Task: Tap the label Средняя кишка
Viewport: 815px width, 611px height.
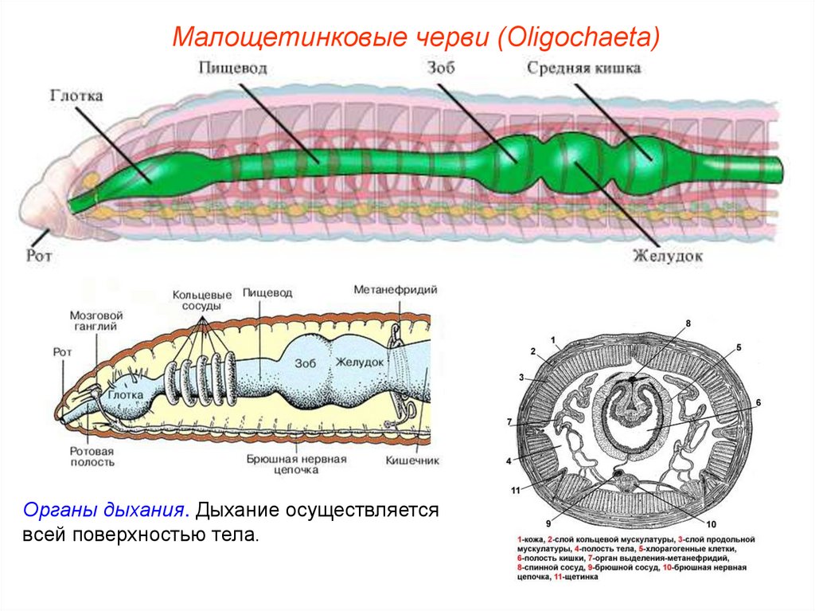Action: point(583,68)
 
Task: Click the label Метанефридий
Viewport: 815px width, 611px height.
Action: point(396,289)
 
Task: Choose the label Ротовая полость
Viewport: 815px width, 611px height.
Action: point(92,456)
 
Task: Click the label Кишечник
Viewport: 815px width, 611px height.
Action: point(412,460)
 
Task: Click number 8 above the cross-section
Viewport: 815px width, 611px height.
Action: point(688,323)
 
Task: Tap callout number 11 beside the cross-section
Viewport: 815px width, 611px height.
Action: point(515,489)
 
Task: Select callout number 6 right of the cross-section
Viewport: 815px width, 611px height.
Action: point(758,403)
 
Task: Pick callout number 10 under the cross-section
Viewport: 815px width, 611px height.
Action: point(711,524)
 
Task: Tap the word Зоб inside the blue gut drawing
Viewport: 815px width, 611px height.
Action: point(306,362)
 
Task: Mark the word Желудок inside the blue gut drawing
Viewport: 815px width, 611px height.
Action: point(360,362)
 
